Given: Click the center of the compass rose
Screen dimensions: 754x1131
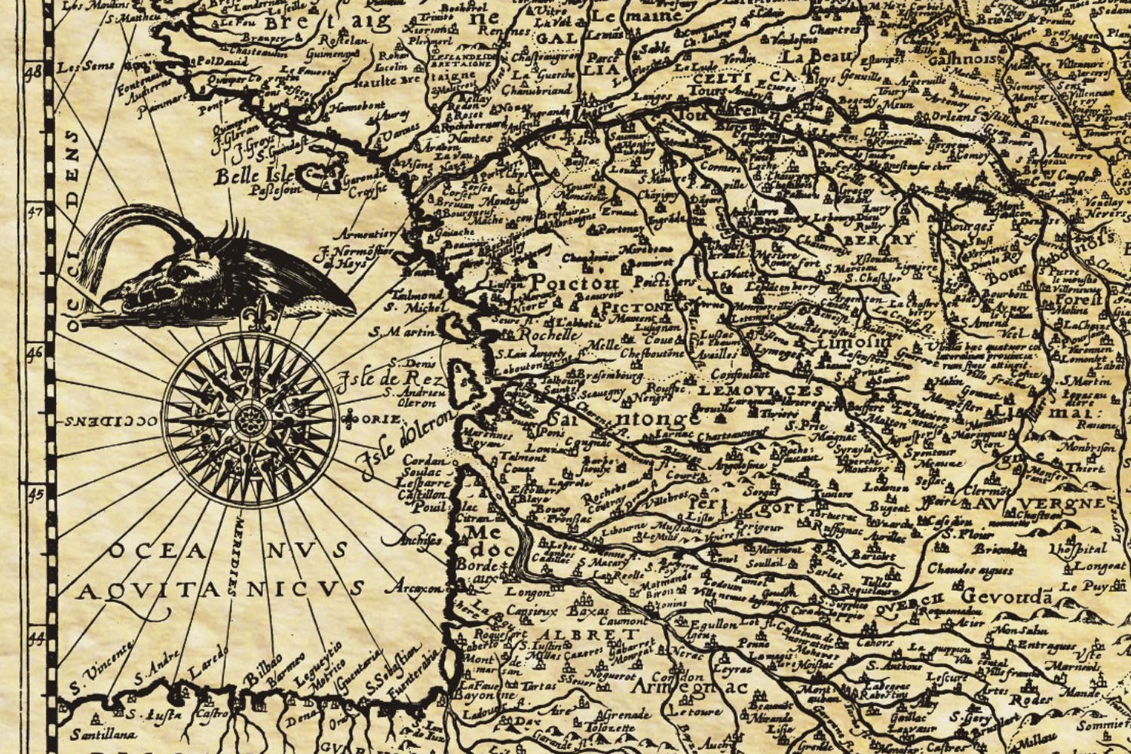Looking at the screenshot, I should (x=250, y=419).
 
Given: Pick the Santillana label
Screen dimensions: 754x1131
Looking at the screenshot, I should (x=104, y=734).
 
